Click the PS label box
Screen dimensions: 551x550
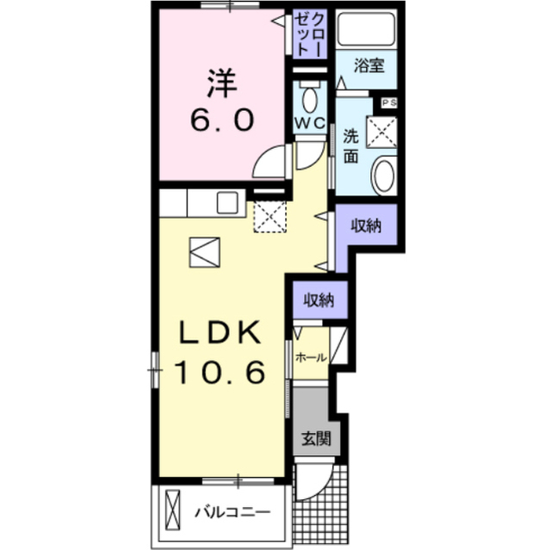click(x=389, y=103)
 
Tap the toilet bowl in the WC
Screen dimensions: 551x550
click(x=310, y=99)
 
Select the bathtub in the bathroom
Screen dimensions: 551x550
click(x=366, y=28)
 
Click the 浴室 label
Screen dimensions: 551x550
click(x=369, y=65)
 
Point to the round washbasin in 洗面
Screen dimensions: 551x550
click(x=385, y=176)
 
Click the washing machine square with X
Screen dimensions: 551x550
click(x=381, y=132)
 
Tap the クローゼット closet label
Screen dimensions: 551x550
click(x=310, y=34)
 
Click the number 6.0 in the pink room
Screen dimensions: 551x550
click(x=222, y=120)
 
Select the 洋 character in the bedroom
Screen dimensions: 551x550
click(x=221, y=83)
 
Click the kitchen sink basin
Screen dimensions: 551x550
click(x=227, y=202)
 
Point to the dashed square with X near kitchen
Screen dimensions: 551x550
click(x=269, y=216)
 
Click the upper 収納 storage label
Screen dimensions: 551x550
click(x=366, y=226)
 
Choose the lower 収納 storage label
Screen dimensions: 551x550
click(x=319, y=300)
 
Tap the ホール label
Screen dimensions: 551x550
click(x=312, y=358)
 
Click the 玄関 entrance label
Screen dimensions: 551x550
click(x=316, y=439)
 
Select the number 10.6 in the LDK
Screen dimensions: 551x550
click(x=220, y=373)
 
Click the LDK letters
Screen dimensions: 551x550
click(x=220, y=332)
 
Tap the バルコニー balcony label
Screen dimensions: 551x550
click(x=232, y=512)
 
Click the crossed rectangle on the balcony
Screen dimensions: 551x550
click(x=172, y=510)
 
